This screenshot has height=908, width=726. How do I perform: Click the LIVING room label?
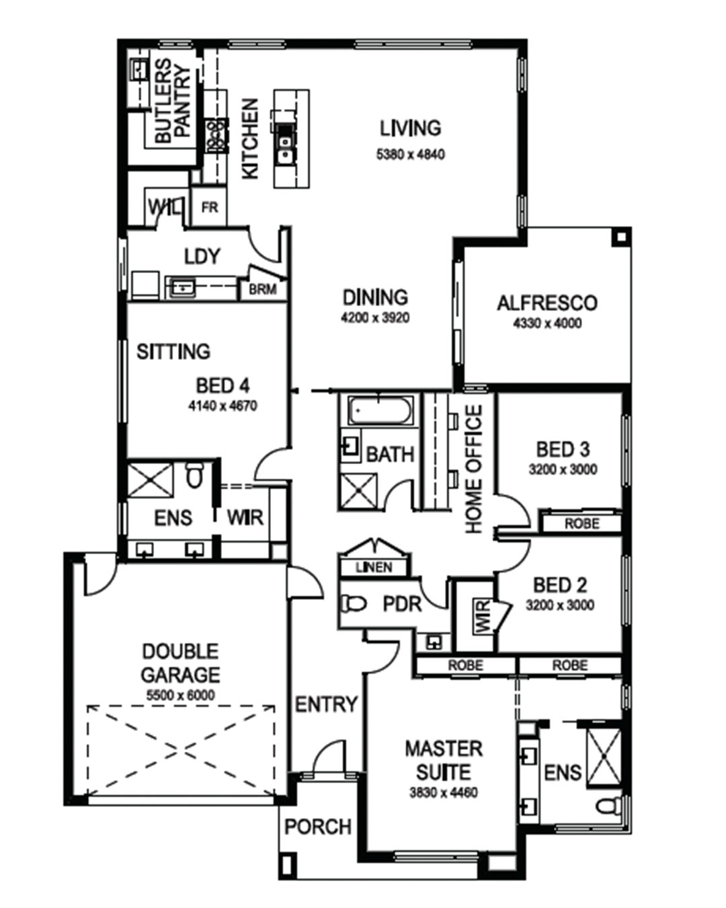(410, 128)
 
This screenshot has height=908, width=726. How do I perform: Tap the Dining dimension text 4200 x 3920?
(375, 317)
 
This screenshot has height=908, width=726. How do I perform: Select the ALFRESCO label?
(547, 303)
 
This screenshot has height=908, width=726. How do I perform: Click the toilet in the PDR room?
(353, 604)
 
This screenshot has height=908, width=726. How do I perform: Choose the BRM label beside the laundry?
(263, 289)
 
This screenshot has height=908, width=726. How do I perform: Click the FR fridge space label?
(210, 208)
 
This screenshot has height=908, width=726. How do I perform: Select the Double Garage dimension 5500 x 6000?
(181, 695)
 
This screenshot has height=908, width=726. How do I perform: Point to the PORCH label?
(318, 827)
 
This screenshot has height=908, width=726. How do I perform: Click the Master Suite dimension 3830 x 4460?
(444, 792)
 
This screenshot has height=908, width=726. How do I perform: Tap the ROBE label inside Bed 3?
(581, 524)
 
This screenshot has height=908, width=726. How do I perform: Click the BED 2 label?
(560, 585)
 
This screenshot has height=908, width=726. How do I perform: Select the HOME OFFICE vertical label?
(473, 469)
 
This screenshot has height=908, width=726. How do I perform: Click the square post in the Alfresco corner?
(621, 237)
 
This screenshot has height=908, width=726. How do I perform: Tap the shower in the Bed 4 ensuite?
(150, 481)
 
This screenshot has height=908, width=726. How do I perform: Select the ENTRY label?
(326, 704)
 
